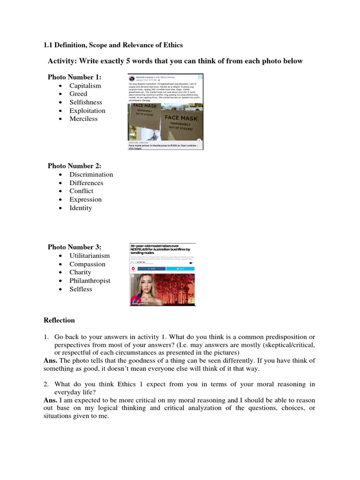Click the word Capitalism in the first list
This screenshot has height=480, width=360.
pyautogui.click(x=85, y=86)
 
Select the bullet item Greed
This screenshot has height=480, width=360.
pyautogui.click(x=78, y=94)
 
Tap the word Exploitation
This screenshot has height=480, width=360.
pyautogui.click(x=87, y=111)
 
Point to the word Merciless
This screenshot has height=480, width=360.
pyautogui.click(x=83, y=119)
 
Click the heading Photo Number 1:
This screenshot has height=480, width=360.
pyautogui.click(x=74, y=77)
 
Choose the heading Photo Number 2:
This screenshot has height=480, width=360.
pyautogui.click(x=74, y=166)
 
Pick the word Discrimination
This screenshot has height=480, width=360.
pyautogui.click(x=91, y=174)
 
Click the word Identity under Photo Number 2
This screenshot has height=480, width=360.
pyautogui.click(x=81, y=208)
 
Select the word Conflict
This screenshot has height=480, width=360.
pyautogui.click(x=81, y=191)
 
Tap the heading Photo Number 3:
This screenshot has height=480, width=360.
pyautogui.click(x=74, y=247)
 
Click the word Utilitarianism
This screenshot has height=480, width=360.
pyautogui.click(x=90, y=256)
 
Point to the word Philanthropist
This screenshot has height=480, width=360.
pyautogui.click(x=90, y=281)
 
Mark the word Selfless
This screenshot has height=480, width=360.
pyautogui.click(x=81, y=289)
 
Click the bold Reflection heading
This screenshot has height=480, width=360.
pyautogui.click(x=59, y=321)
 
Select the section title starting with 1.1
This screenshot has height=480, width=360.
pyautogui.click(x=113, y=45)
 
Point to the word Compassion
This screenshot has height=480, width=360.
pyautogui.click(x=87, y=264)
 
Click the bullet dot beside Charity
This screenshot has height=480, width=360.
pyautogui.click(x=61, y=272)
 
